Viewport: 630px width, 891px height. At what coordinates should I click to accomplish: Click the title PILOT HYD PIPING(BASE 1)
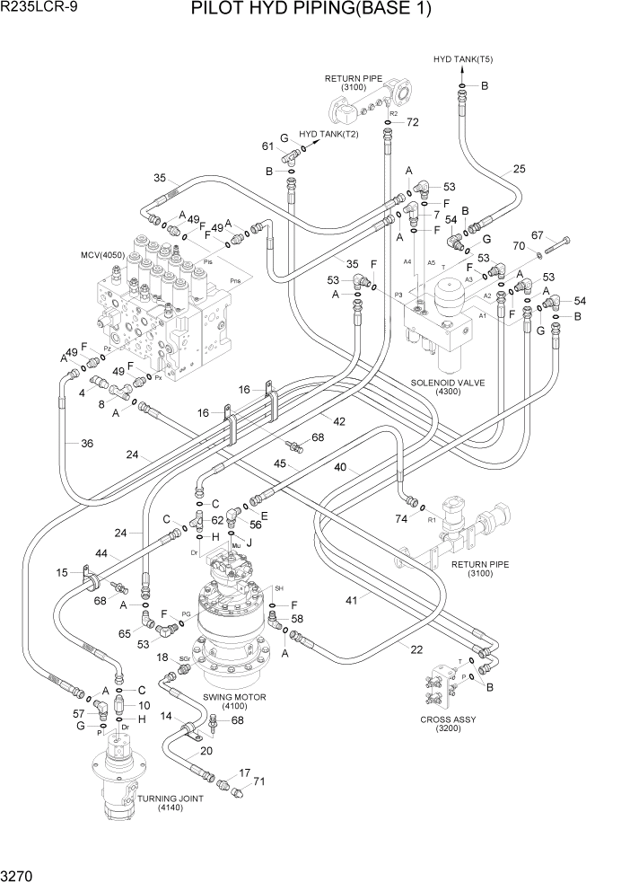(311, 11)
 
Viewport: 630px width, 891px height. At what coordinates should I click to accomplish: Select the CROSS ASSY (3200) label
(448, 724)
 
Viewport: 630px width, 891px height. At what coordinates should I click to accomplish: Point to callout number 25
(519, 168)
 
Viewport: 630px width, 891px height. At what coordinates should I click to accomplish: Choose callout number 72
(413, 122)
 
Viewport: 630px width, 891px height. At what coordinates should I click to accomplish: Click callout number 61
(267, 146)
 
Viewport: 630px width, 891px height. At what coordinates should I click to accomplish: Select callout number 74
(401, 519)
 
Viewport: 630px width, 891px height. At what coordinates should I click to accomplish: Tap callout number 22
(416, 649)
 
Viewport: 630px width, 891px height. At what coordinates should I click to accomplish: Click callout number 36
(87, 443)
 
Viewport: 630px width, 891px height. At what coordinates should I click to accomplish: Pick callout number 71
(259, 782)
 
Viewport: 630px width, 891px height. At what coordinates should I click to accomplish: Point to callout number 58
(297, 620)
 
